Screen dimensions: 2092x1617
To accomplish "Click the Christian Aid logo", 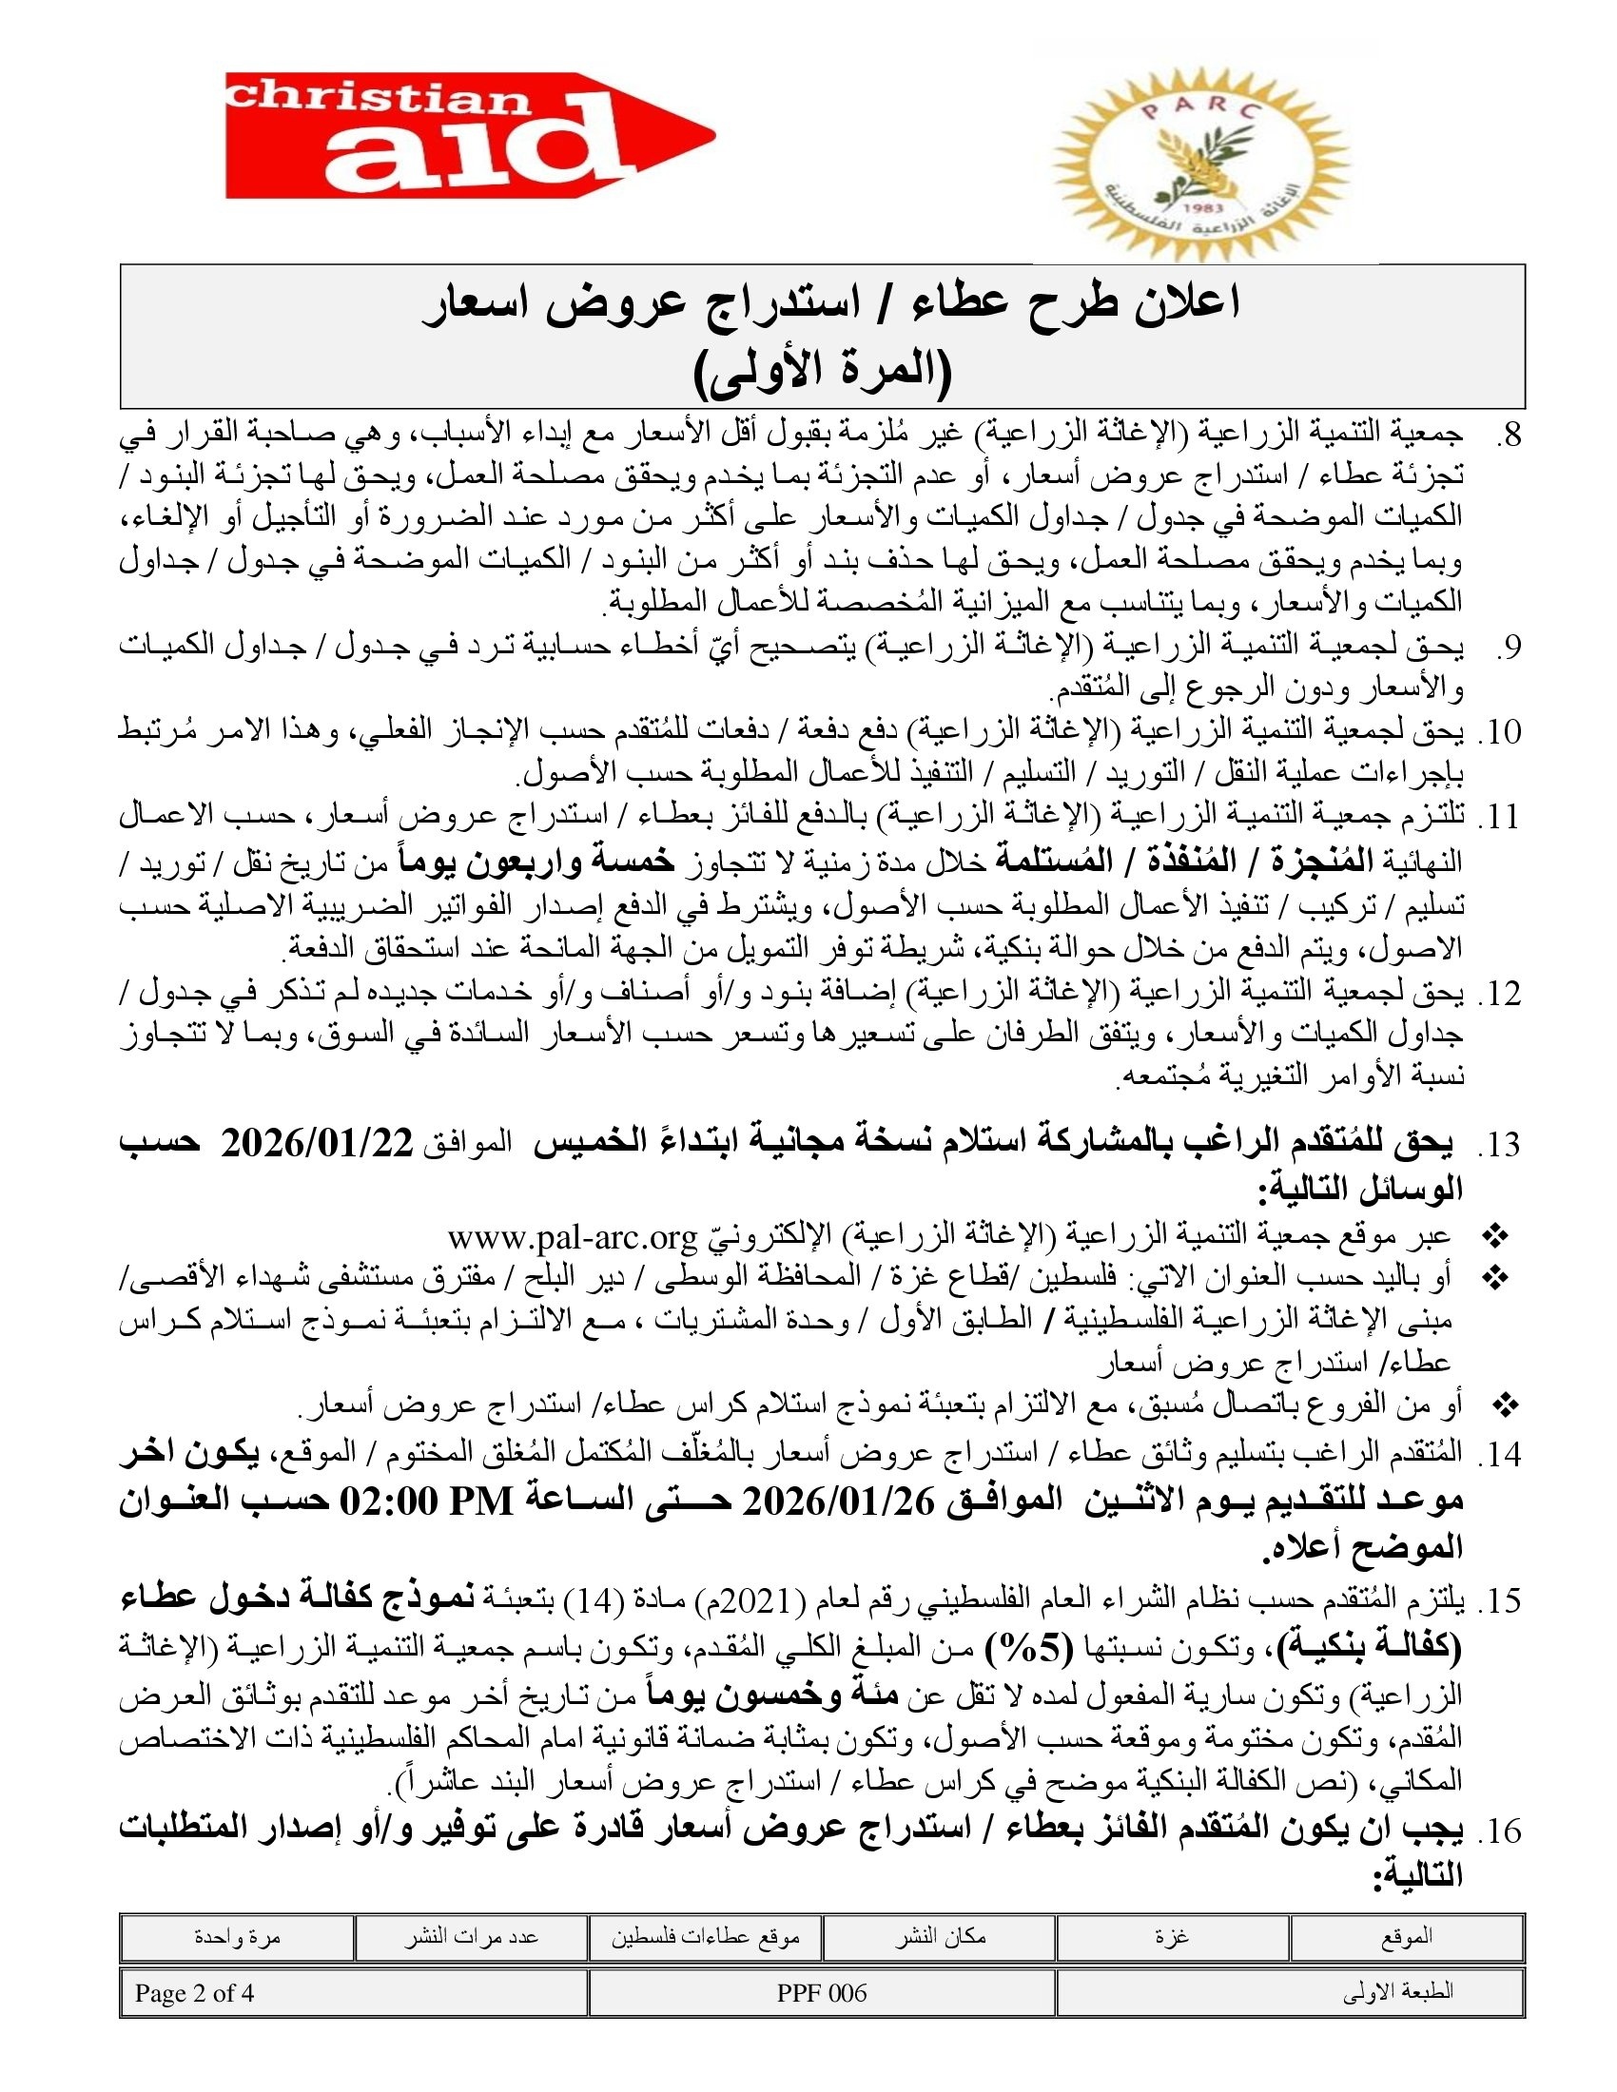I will click(469, 135).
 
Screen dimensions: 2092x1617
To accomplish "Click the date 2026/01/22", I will click(317, 1143).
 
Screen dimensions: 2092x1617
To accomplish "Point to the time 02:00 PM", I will click(429, 1501).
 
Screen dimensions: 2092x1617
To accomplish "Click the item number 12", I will click(1499, 995).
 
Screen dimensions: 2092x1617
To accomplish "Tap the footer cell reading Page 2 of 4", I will click(195, 1992).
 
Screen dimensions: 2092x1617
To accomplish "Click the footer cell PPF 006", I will click(822, 1992).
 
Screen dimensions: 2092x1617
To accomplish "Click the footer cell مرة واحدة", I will click(237, 1937).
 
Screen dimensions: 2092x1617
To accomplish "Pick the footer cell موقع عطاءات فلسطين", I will click(706, 1937).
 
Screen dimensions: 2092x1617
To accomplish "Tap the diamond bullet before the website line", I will click(1495, 1237).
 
